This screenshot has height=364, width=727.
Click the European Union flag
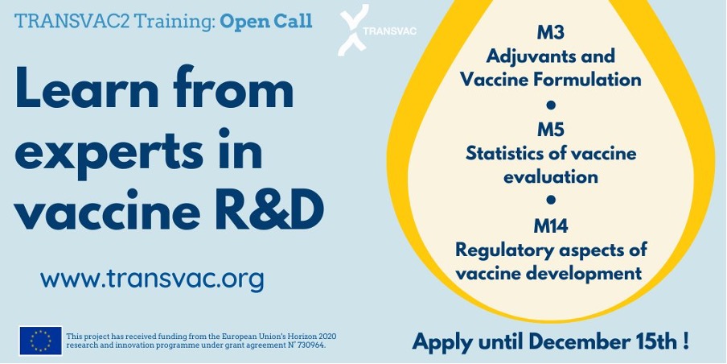(40, 341)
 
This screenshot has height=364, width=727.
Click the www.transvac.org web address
(152, 279)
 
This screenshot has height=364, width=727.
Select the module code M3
(550, 33)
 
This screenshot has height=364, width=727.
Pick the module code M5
(550, 130)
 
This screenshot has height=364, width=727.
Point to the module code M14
(550, 226)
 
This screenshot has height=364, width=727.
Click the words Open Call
(265, 22)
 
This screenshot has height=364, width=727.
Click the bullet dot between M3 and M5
(551, 105)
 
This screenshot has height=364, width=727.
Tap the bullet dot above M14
(551, 200)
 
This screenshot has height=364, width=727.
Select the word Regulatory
(504, 250)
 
